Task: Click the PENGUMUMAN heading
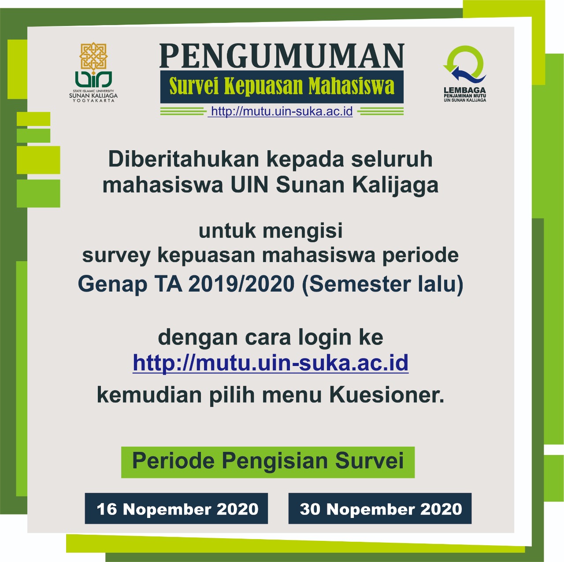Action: (282, 55)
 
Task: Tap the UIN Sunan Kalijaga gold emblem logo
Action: (93, 58)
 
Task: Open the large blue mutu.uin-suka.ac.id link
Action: (271, 363)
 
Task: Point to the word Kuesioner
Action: (387, 395)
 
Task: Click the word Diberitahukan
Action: (184, 159)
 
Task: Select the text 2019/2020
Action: (241, 284)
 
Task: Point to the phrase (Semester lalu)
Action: (382, 284)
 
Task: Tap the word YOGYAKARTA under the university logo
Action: (93, 100)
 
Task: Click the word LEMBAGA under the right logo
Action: (465, 90)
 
